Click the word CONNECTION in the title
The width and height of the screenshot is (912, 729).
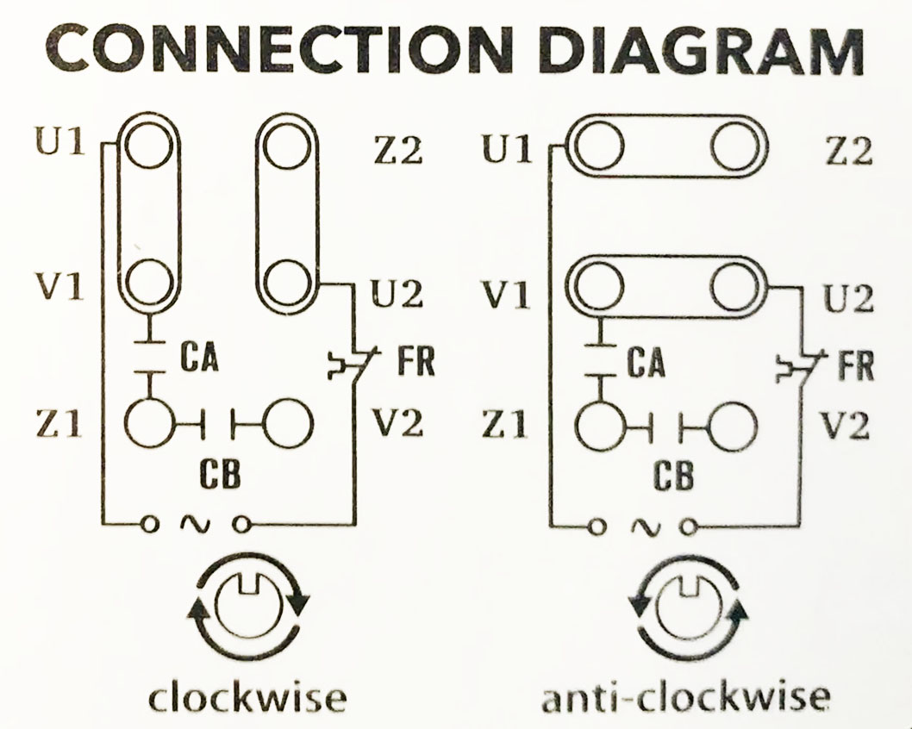pyautogui.click(x=278, y=49)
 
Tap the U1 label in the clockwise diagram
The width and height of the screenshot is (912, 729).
pyautogui.click(x=59, y=142)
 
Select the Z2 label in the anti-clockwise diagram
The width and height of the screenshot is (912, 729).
pyautogui.click(x=849, y=152)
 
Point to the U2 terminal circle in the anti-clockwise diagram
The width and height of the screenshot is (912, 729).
pyautogui.click(x=735, y=287)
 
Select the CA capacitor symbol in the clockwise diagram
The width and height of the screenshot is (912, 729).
pyautogui.click(x=150, y=357)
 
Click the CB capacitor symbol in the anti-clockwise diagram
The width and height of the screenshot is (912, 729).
pyautogui.click(x=666, y=427)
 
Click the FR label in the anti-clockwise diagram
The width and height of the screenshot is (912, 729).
pyautogui.click(x=856, y=365)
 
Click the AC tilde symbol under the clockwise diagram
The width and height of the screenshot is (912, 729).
pyautogui.click(x=195, y=525)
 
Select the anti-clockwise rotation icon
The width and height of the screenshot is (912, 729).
pyautogui.click(x=689, y=607)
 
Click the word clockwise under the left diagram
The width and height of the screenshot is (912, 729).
pyautogui.click(x=248, y=697)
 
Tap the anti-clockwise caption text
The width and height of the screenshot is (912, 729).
pyautogui.click(x=686, y=697)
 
